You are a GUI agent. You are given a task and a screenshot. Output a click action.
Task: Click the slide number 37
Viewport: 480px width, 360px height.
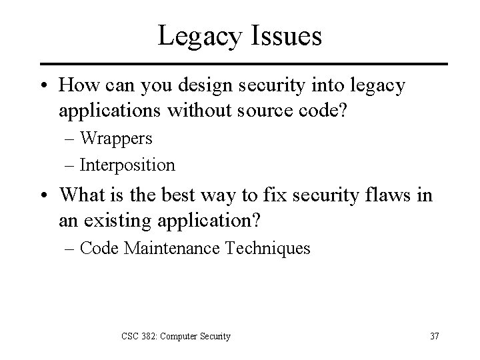(434, 336)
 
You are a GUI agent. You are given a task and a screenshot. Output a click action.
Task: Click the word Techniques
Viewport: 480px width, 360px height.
(275, 248)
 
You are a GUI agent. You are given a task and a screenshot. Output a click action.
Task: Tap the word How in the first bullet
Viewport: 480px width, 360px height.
(75, 85)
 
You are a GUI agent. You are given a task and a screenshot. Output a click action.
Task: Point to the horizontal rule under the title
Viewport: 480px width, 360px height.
(240, 64)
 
